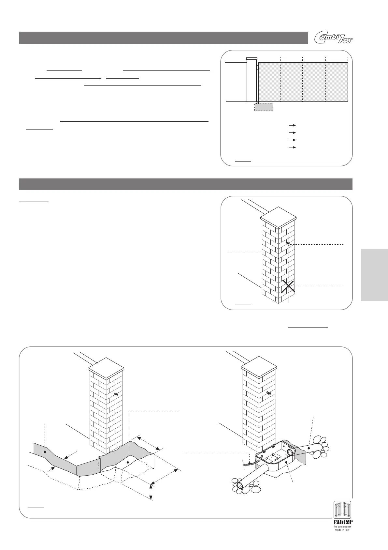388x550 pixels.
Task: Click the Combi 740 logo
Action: (333, 38)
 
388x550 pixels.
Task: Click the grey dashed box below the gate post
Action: (264, 107)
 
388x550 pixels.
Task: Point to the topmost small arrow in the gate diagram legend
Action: (292, 125)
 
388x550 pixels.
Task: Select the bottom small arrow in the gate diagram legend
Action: (292, 147)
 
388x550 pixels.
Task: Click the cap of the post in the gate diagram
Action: (251, 59)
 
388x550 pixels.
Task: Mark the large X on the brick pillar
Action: (289, 286)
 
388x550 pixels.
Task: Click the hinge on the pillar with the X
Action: (288, 243)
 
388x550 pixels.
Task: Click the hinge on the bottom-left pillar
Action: (116, 394)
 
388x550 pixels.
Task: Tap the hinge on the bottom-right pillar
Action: (269, 393)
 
